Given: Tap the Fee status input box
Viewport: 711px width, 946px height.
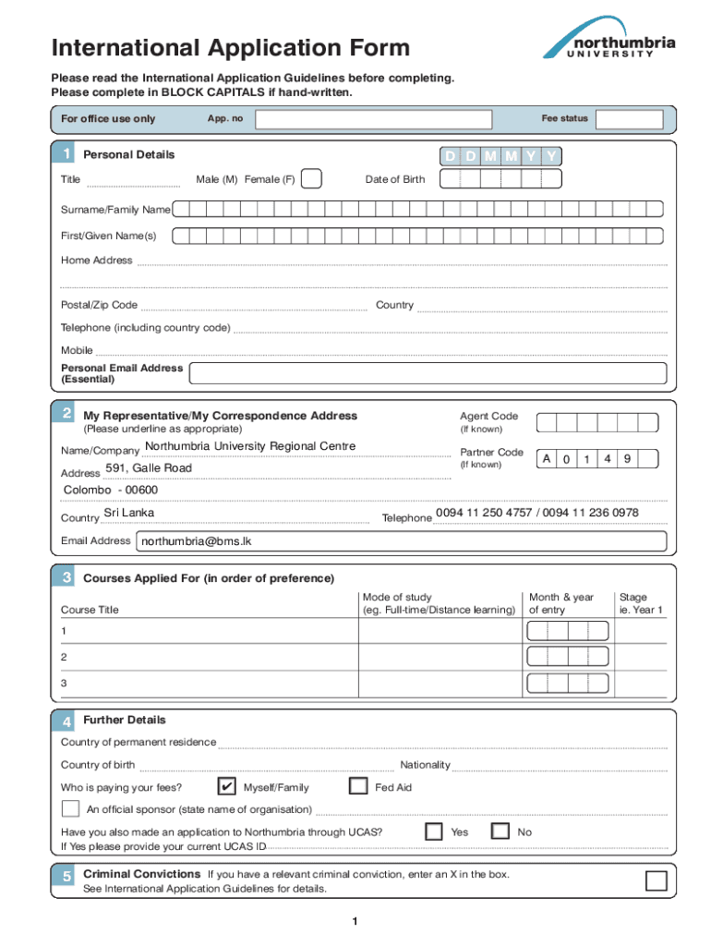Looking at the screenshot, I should coord(629,119).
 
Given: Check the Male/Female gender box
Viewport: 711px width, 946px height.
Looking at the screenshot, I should coord(312,179).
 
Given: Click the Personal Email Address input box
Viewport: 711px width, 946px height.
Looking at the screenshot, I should coord(428,373).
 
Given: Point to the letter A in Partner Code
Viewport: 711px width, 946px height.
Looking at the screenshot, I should coord(547,459).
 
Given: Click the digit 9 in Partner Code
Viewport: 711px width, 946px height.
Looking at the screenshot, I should coord(627,459).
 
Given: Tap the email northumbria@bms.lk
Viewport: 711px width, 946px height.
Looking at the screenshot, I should coord(195,541).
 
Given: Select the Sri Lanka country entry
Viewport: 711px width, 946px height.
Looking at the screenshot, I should coord(129,513).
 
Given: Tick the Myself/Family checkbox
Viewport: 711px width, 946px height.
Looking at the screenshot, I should coord(225,786).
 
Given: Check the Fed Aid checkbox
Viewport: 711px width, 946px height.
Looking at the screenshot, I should coord(359,786).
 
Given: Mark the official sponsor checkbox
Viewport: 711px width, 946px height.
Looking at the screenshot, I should coord(70,809).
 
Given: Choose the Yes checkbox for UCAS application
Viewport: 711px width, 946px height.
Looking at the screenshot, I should coord(434,831).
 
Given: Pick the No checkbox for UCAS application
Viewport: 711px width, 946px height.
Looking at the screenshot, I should coord(500,831).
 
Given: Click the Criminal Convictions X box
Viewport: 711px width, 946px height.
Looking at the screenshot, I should coord(656,880).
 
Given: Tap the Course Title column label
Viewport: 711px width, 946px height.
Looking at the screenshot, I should coord(90,610).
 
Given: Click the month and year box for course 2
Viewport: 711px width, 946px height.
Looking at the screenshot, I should coord(567,657).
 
